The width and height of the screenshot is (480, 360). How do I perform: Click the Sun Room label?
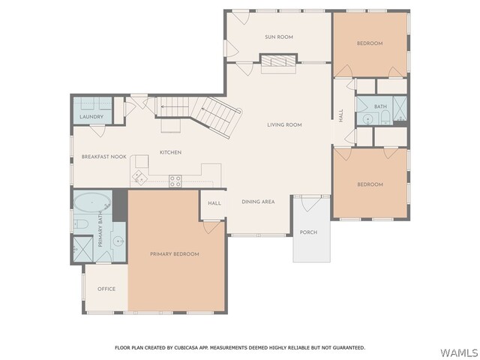pyautogui.click(x=279, y=37)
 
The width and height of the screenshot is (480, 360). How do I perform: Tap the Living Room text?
pyautogui.click(x=284, y=125)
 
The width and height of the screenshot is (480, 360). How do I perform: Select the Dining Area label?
pyautogui.click(x=258, y=202)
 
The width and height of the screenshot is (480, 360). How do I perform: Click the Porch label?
pyautogui.click(x=308, y=232)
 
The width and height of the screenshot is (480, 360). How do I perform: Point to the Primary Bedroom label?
pyautogui.click(x=175, y=254)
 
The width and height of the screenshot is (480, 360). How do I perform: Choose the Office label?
pyautogui.click(x=106, y=289)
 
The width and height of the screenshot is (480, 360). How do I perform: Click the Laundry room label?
pyautogui.click(x=91, y=117)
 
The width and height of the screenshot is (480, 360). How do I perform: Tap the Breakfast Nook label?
pyautogui.click(x=103, y=157)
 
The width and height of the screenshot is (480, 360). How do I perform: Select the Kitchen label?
pyautogui.click(x=170, y=152)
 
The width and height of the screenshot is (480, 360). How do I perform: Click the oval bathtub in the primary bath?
pyautogui.click(x=92, y=202)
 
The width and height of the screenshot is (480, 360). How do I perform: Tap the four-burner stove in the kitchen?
pyautogui.click(x=175, y=181)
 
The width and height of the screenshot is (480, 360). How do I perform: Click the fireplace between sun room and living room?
pyautogui.click(x=278, y=61)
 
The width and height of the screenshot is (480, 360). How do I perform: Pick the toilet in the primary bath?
pyautogui.click(x=81, y=224)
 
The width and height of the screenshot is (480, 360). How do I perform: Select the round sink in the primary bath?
pyautogui.click(x=118, y=241)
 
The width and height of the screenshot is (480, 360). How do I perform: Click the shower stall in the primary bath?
pyautogui.click(x=83, y=249)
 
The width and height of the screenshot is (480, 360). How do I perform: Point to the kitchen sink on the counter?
pyautogui.click(x=139, y=178)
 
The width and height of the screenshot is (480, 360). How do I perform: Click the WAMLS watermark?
pyautogui.click(x=459, y=352)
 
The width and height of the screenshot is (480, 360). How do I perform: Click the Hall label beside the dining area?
pyautogui.click(x=214, y=203)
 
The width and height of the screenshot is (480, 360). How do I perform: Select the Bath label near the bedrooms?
pyautogui.click(x=380, y=106)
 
